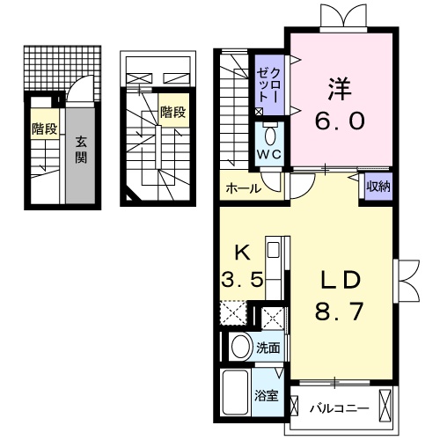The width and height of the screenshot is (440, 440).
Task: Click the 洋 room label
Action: coord(340,88)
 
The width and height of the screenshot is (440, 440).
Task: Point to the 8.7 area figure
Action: coord(340,310)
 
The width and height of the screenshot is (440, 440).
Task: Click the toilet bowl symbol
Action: coord(269,136)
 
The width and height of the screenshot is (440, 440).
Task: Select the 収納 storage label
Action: coord(379,187)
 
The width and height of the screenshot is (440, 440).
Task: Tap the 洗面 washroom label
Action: coord(268,348)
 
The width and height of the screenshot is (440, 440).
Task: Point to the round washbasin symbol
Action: coord(240,347)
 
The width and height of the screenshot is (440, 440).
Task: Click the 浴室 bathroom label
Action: coord(268,395)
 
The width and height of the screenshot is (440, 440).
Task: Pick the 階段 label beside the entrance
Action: coord(45,129)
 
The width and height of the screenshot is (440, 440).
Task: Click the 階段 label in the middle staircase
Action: coord(172,112)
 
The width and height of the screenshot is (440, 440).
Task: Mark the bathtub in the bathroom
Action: coord(236,389)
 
